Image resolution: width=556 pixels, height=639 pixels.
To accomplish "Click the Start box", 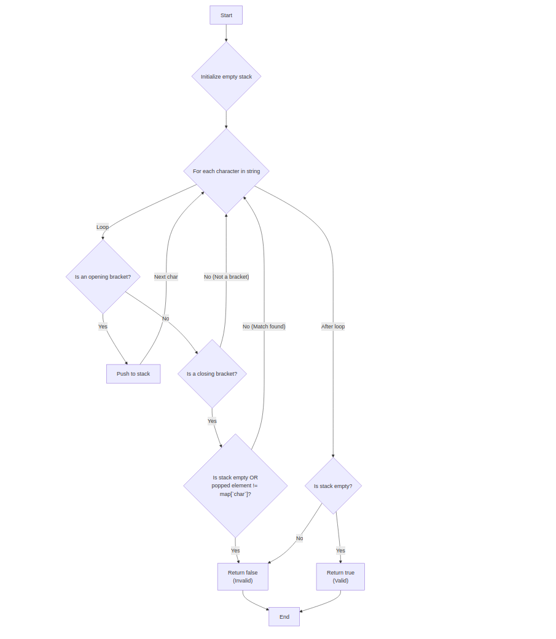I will pos(226,15).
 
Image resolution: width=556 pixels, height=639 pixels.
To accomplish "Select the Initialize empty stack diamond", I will pos(226,77).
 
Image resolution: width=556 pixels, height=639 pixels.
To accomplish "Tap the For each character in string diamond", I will pos(226,171).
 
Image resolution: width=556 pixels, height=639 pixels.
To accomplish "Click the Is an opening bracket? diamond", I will pos(103,277).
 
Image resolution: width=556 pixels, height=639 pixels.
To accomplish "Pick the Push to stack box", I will pos(133,374).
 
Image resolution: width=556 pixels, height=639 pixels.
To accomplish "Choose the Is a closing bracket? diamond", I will pos(212,374).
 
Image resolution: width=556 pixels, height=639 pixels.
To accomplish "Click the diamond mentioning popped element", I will pos(235,486).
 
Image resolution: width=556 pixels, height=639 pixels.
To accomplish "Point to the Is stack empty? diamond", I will pos(333,486).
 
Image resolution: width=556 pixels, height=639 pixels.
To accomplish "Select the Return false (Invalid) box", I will pos(243,576).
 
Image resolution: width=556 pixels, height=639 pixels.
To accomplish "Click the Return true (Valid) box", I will pos(340,576).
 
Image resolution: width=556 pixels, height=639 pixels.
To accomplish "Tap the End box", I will pos(284,617).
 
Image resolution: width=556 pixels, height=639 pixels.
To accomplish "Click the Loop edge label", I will pos(103,227).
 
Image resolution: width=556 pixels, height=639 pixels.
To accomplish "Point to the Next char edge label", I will pos(166,277).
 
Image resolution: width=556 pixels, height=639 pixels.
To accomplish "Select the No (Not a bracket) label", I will pos(226,277).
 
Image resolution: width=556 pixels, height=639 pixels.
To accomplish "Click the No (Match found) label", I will pos(264,327).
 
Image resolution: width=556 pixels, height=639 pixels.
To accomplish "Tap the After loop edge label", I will pos(333,327).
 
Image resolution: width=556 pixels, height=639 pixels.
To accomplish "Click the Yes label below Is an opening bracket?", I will pos(103,327).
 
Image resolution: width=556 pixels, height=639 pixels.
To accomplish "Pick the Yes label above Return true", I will pos(340,551).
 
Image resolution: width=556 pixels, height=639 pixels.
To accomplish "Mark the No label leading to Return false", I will pos(299,538).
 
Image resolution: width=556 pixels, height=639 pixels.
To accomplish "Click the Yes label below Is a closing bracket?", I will pos(212,421).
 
